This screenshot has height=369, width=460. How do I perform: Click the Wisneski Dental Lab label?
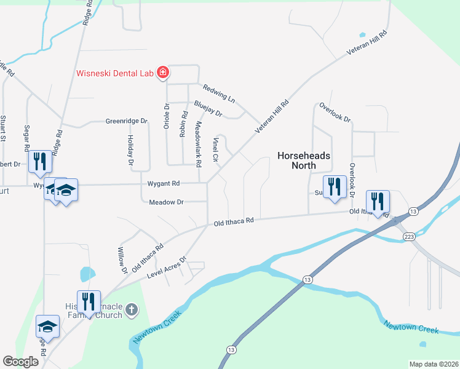point(114,73)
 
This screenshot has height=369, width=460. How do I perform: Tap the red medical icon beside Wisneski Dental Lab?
point(163,73)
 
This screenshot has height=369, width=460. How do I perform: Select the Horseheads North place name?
point(304,161)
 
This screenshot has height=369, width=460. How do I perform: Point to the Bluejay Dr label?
point(207,108)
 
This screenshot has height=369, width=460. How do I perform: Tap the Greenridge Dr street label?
point(127,121)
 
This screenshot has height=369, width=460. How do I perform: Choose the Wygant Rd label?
point(164,183)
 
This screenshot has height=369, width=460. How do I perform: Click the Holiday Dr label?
point(130,151)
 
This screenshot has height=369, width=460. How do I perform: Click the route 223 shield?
point(407,237)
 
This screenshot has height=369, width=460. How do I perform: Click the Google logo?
point(21,362)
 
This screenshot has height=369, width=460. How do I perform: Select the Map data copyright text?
point(434,364)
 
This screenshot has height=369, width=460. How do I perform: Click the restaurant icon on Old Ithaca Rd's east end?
point(377,200)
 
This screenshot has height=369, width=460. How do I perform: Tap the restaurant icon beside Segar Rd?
point(39,162)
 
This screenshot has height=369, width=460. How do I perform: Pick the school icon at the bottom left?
point(47,326)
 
